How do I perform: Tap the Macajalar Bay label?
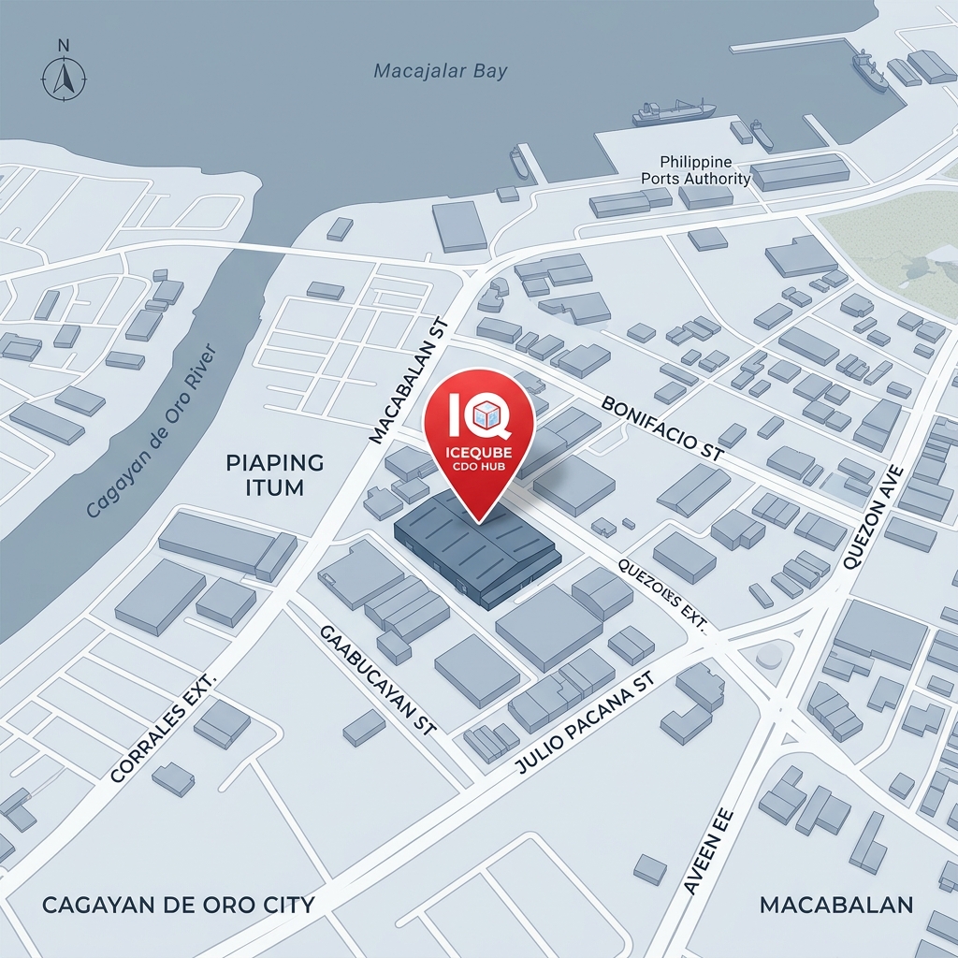tap(440, 71)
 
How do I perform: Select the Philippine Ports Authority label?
tap(695, 171)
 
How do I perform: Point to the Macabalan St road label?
tap(411, 380)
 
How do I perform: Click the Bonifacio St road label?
tap(663, 428)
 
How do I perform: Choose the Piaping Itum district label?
tap(274, 474)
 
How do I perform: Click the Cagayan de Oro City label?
tap(178, 906)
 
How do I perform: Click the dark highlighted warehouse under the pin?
tap(477, 552)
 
